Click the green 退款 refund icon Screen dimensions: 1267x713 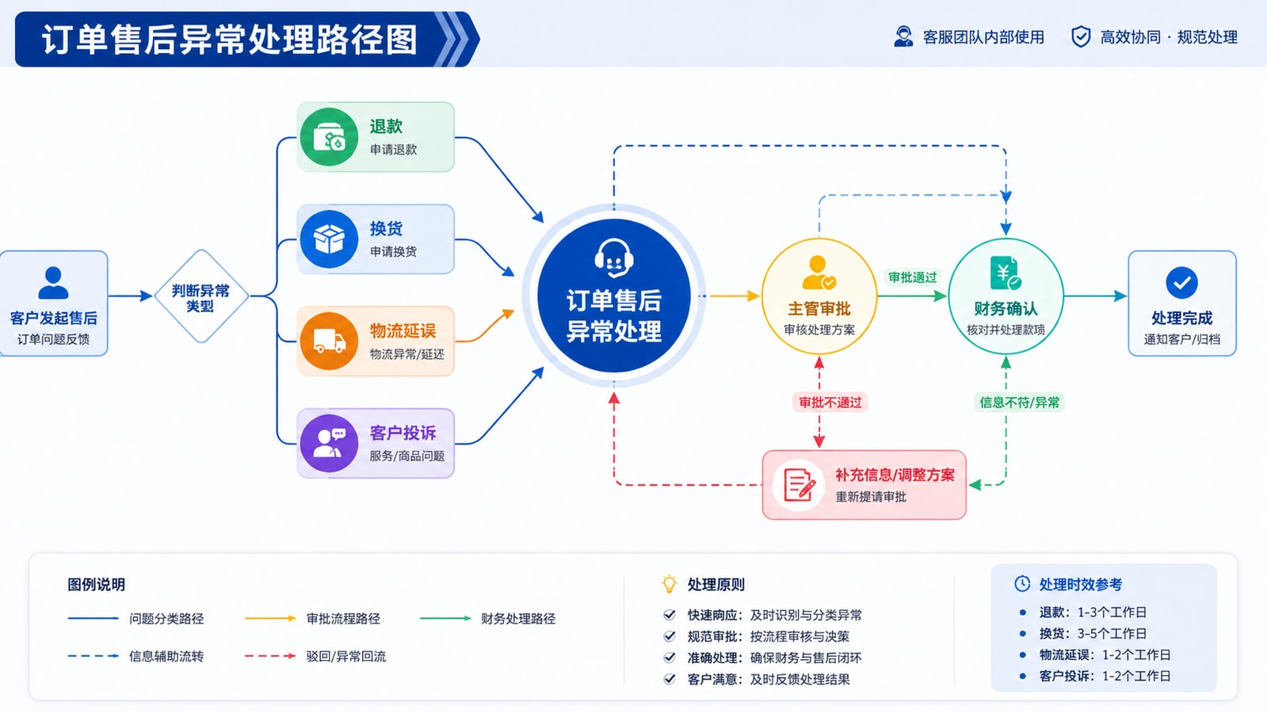(329, 137)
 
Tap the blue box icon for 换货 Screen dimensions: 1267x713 (329, 239)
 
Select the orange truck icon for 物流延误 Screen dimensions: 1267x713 (329, 341)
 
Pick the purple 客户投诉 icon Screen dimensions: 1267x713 (329, 444)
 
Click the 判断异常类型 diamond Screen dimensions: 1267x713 (200, 296)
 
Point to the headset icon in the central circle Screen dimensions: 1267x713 (614, 258)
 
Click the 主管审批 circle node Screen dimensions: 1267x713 (819, 296)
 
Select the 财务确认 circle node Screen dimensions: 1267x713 (1006, 296)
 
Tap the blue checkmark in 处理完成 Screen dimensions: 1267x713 (1181, 283)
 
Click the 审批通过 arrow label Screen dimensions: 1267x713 (912, 277)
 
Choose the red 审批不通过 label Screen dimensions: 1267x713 (830, 402)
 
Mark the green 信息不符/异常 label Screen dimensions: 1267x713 (1019, 402)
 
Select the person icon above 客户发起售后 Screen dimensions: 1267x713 (53, 283)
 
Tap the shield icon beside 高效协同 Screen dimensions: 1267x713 (1081, 36)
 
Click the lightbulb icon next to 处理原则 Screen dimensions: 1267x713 (669, 584)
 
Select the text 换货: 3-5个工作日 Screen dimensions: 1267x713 (1093, 633)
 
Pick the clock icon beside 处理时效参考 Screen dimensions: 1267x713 (1022, 584)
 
